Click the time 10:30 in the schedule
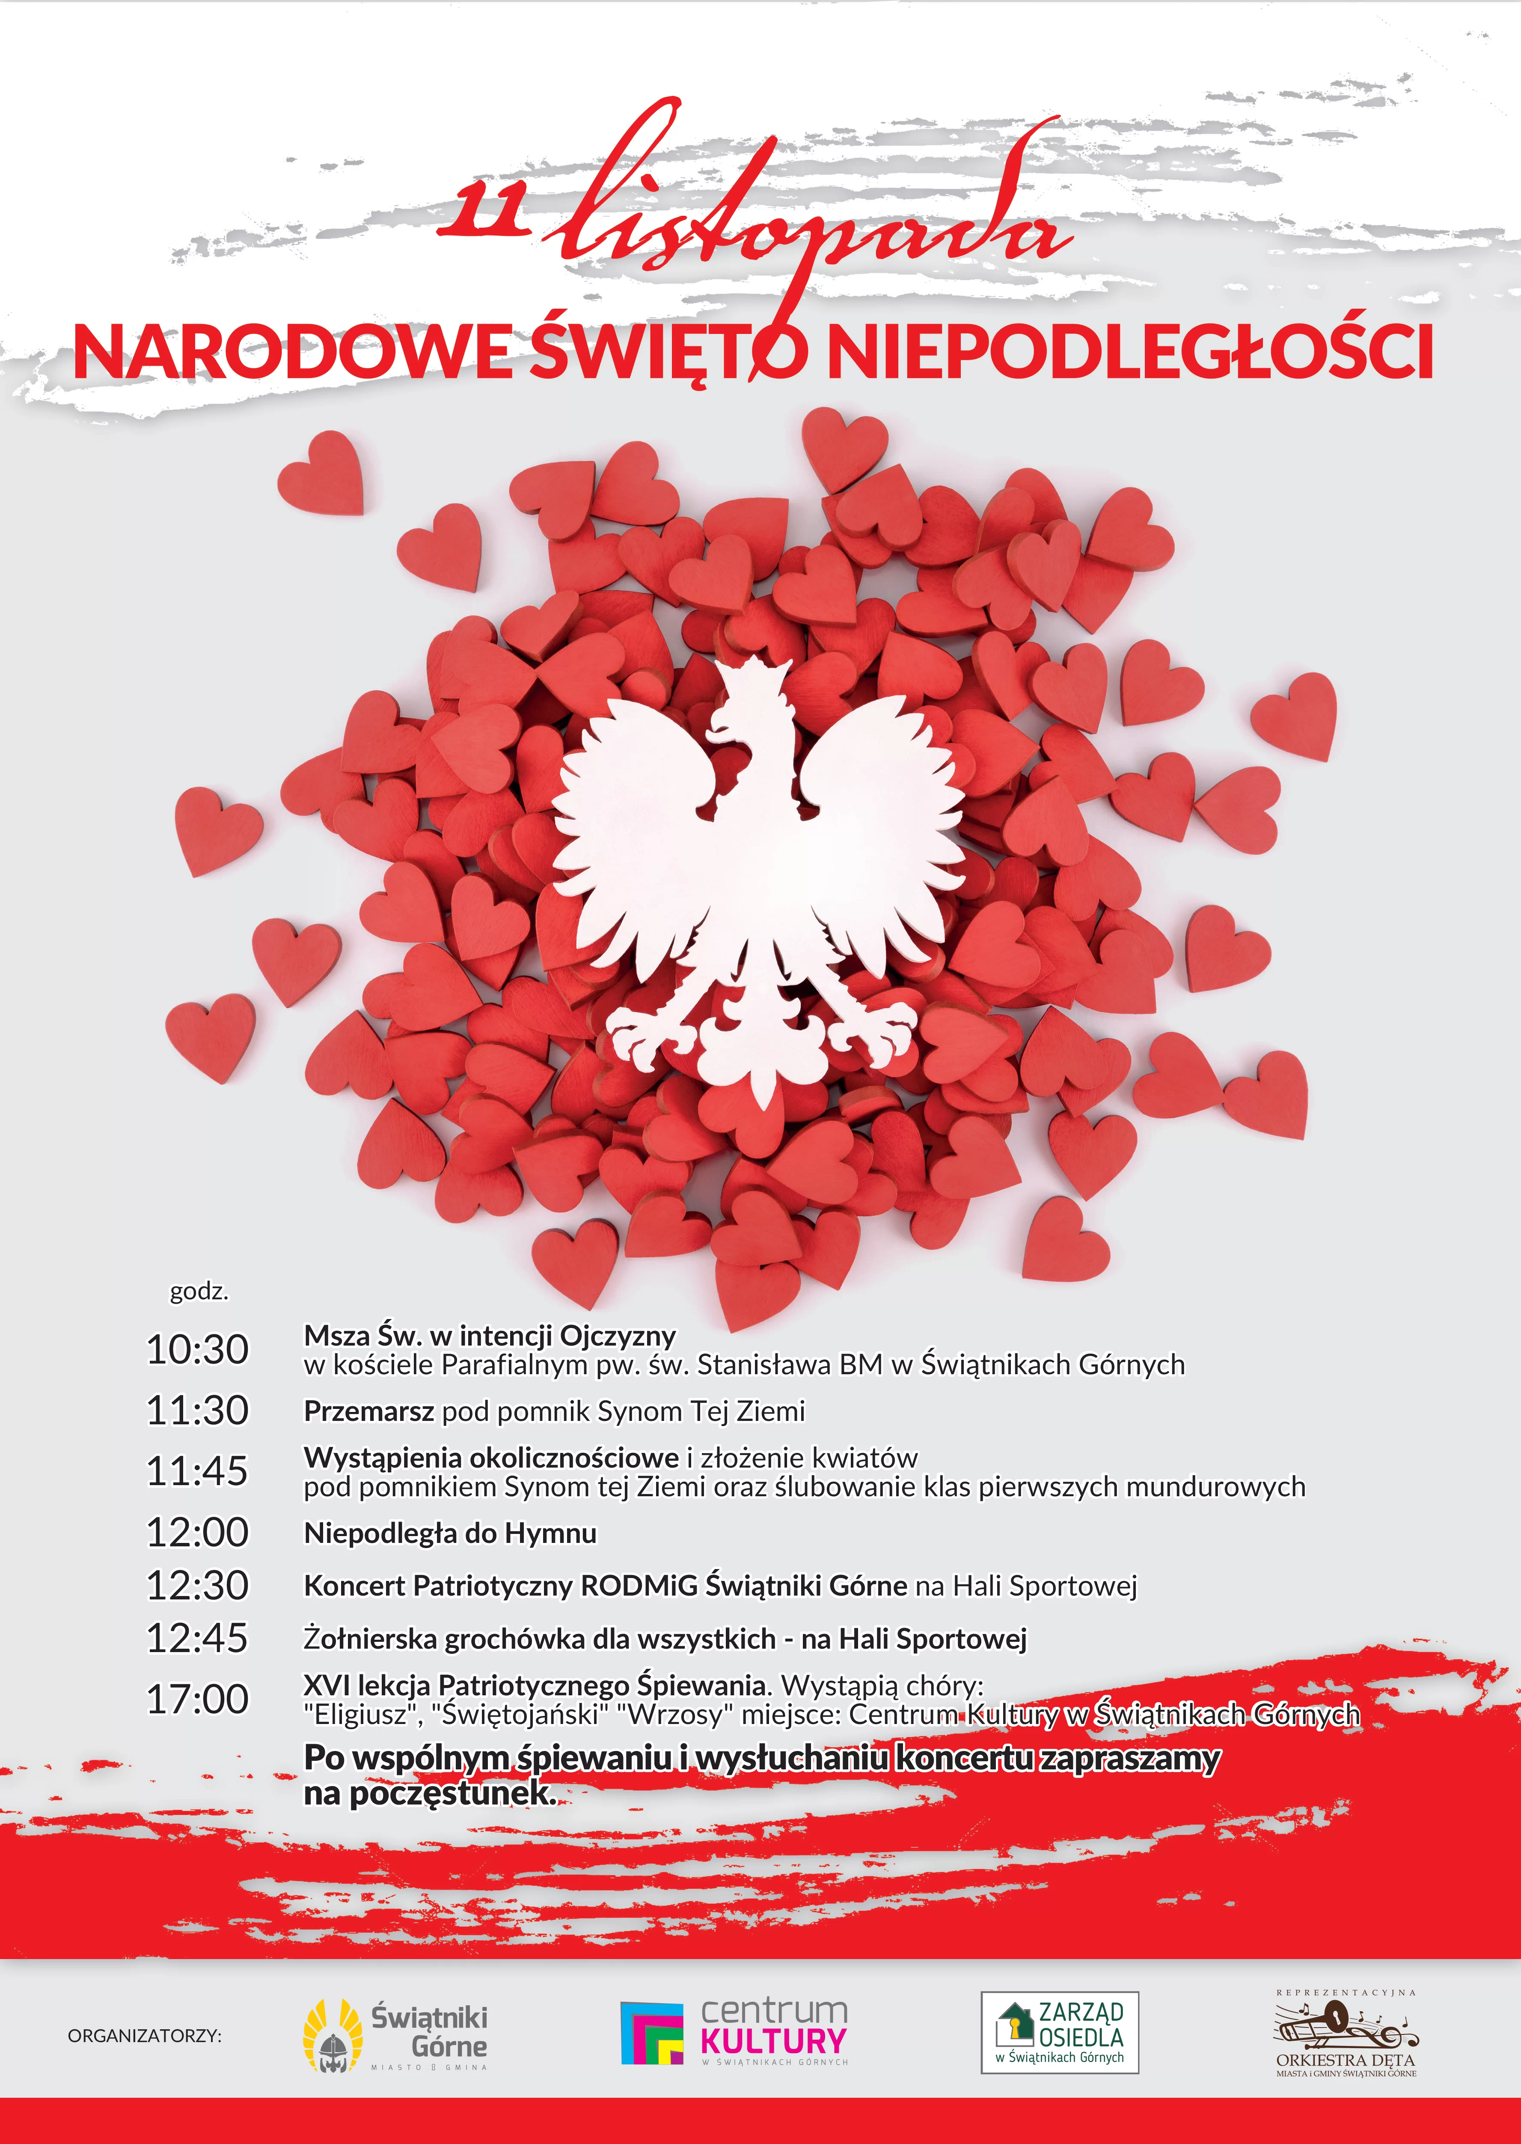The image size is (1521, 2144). tap(198, 1350)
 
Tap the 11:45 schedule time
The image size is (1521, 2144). tap(198, 1471)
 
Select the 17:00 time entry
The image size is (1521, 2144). tap(198, 1699)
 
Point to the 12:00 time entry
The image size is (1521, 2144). tap(198, 1532)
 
